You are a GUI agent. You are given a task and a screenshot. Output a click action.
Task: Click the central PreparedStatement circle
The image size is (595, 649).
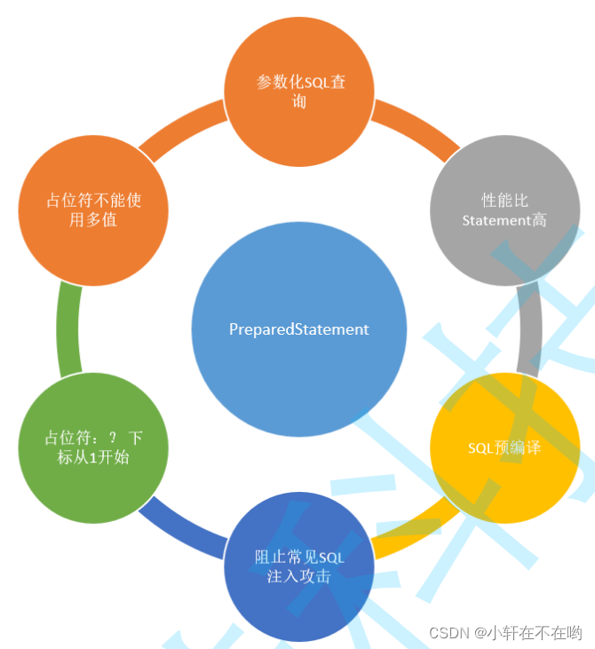(298, 329)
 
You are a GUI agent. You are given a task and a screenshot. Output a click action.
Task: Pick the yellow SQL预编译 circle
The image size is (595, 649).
(504, 447)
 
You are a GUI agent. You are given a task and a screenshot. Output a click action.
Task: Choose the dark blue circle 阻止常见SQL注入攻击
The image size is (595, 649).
(299, 566)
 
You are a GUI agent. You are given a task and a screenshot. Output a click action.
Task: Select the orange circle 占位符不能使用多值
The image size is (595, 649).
(93, 210)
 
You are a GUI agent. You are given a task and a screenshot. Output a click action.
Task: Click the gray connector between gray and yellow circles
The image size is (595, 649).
(529, 328)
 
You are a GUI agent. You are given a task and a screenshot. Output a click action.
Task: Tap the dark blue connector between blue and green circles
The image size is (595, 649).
(183, 527)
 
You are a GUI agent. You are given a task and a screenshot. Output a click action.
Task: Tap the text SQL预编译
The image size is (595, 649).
(504, 448)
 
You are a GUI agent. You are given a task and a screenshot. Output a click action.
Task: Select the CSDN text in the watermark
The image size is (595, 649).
(448, 633)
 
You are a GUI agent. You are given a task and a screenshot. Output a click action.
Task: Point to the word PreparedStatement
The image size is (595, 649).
(298, 329)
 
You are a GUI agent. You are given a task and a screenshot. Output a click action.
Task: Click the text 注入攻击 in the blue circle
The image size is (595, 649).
(299, 576)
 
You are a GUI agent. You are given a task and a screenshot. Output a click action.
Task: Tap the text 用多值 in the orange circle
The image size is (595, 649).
(93, 220)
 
